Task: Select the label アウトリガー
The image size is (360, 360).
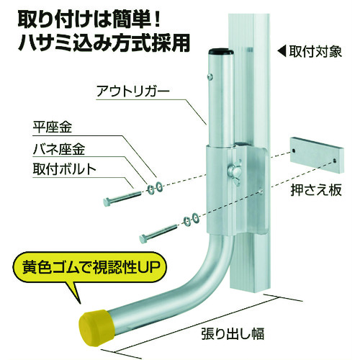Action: (133, 91)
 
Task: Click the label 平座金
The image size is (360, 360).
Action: (52, 127)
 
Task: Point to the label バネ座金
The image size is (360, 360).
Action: (59, 149)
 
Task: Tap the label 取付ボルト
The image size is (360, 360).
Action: (64, 169)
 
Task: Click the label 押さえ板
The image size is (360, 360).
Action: (316, 190)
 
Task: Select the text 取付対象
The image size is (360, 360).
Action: (315, 51)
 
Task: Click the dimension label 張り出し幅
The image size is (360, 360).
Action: (233, 333)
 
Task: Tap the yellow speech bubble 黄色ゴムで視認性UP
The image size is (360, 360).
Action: (89, 269)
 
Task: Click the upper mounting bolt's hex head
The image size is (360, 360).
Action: (107, 202)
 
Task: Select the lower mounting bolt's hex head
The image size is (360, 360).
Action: (143, 238)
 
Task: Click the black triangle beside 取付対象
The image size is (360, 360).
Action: (282, 52)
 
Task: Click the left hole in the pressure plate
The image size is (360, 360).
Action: (294, 150)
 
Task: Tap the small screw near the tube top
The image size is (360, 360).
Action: (210, 76)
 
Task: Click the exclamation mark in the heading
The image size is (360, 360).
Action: (157, 19)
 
